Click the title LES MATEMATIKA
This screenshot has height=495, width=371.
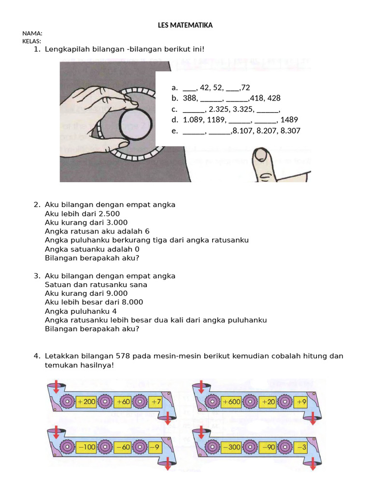185,25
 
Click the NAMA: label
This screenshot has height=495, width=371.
32,33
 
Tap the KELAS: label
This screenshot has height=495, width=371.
32,41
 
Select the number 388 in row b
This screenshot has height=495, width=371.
190,98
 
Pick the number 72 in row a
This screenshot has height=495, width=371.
245,87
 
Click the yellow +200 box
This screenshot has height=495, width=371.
86,401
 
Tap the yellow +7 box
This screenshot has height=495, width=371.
155,401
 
